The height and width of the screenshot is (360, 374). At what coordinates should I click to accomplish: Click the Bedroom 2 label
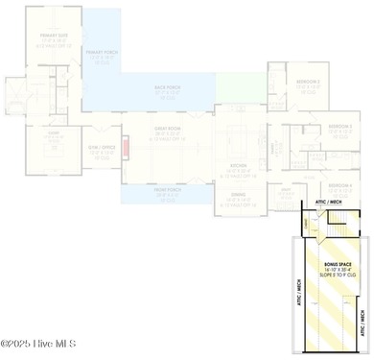tap(307, 83)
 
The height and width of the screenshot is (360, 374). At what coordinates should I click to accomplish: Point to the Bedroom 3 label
tap(339, 127)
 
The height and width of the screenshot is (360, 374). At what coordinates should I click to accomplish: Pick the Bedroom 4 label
tap(339, 185)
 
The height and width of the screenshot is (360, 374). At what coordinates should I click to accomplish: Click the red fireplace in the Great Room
tap(123, 152)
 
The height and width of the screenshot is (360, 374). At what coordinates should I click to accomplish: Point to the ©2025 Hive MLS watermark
tap(40, 343)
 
